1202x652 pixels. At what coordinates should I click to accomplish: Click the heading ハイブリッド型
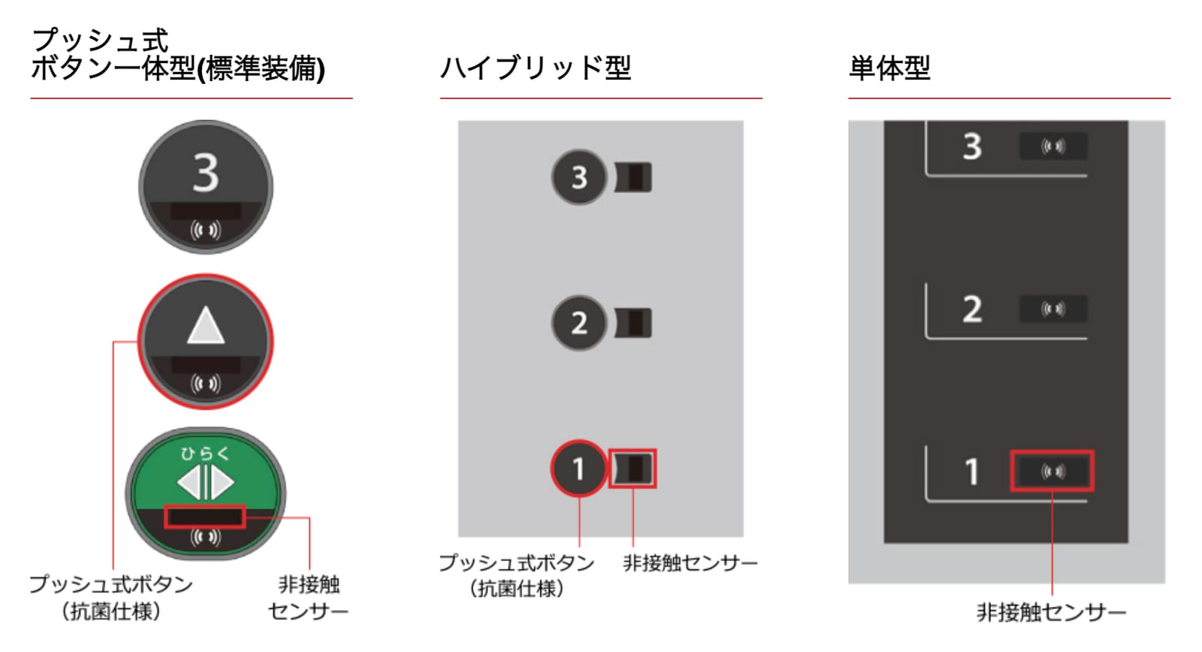535,68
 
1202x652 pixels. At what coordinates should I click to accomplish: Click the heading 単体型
889,68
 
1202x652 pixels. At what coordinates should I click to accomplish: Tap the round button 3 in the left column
206,187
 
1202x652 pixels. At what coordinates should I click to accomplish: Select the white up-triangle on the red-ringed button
206,324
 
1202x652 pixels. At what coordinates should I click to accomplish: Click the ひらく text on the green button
206,454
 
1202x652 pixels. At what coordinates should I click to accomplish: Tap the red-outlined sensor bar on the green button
205,517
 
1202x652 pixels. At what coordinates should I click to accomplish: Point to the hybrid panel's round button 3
578,177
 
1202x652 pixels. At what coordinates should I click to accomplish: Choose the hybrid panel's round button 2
578,323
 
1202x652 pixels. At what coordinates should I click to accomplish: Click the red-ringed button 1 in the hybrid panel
578,469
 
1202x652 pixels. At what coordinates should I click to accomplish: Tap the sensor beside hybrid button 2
633,323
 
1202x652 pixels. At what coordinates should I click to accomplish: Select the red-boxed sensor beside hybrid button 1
633,469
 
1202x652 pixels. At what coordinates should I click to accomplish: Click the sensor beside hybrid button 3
633,177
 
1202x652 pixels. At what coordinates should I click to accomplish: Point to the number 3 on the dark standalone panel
972,146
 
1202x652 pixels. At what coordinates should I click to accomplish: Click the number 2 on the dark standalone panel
972,309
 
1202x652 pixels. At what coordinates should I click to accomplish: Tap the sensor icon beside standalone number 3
1053,146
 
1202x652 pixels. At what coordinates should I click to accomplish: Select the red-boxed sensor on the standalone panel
1053,471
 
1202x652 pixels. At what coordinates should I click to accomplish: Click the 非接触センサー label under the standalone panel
1051,612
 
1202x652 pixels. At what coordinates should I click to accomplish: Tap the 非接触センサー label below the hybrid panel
690,563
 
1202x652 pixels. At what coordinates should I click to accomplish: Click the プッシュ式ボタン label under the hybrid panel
517,563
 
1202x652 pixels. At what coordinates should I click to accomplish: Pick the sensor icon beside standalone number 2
1053,309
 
